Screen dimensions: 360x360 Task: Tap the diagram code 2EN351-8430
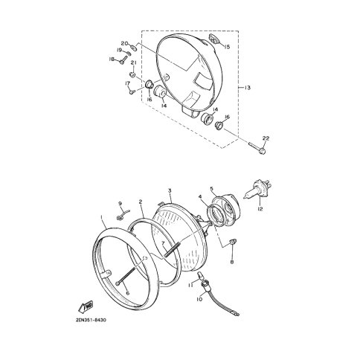click(91, 320)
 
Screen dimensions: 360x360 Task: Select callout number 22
click(266, 138)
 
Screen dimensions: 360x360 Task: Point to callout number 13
click(247, 88)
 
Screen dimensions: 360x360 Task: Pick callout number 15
click(227, 47)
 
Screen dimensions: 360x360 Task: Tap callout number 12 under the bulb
click(260, 209)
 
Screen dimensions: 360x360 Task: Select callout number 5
click(211, 189)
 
